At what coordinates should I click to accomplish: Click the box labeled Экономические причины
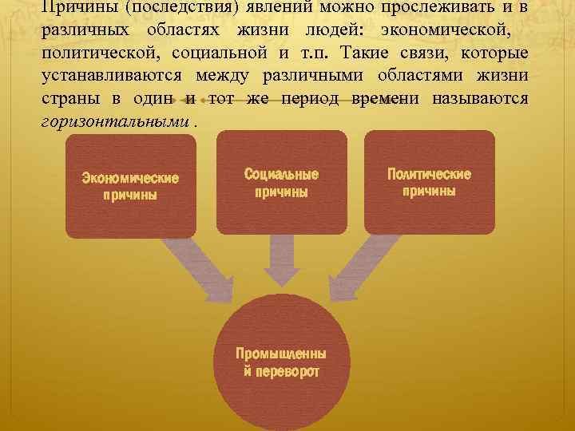[x=130, y=186]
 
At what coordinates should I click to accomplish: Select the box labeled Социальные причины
[x=281, y=183]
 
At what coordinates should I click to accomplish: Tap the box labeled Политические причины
[x=429, y=183]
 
